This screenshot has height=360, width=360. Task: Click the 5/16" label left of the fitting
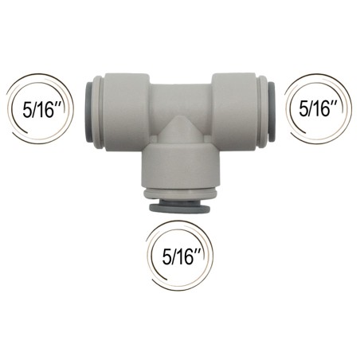(x=42, y=110)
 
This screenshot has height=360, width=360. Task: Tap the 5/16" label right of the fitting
(x=319, y=109)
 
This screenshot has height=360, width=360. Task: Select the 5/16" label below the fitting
(x=182, y=257)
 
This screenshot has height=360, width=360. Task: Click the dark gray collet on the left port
(x=88, y=112)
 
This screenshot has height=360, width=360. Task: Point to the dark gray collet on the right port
(x=272, y=112)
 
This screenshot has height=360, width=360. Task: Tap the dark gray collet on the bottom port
(x=179, y=207)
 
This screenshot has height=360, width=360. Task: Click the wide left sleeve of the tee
(x=127, y=112)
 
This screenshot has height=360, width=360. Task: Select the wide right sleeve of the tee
(x=235, y=112)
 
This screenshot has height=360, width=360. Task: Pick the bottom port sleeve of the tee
(x=181, y=166)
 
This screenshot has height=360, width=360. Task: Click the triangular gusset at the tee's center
(x=181, y=130)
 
